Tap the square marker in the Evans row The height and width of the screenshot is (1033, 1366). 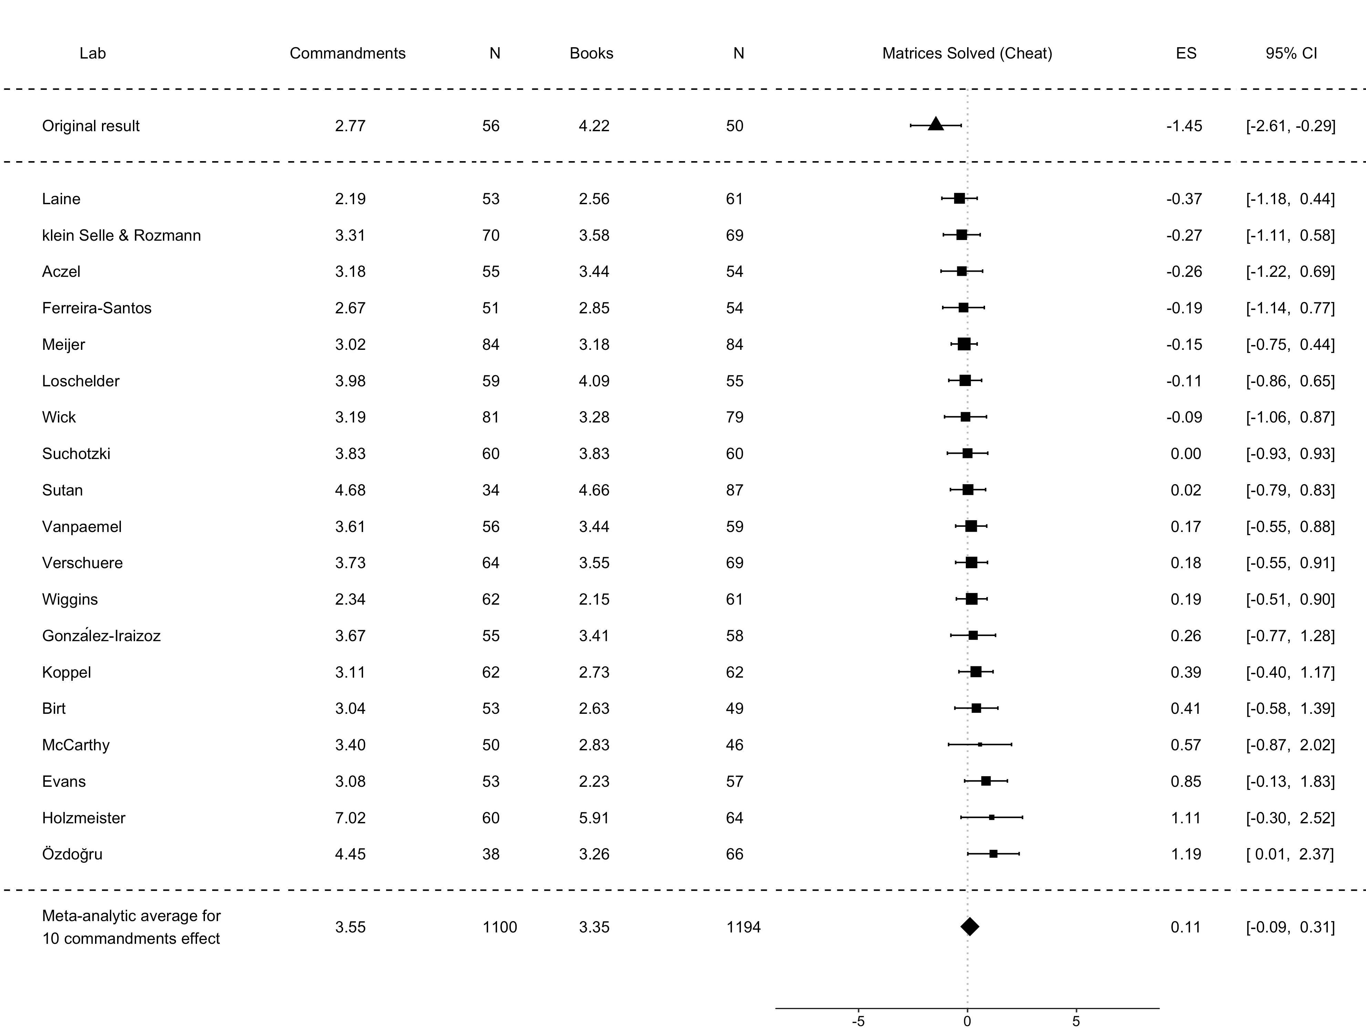click(986, 781)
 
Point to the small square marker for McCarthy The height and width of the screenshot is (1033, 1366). click(980, 745)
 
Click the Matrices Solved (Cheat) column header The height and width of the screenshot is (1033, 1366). click(967, 53)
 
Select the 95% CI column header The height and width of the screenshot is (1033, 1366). click(1291, 53)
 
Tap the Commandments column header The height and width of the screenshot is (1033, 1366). click(347, 53)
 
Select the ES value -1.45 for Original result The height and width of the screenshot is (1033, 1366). click(1184, 126)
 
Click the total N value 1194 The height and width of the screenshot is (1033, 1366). click(744, 927)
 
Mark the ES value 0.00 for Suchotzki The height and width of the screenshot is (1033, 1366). click(1186, 454)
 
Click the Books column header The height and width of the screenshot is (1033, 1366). click(591, 53)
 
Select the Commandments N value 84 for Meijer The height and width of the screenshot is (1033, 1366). click(491, 345)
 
